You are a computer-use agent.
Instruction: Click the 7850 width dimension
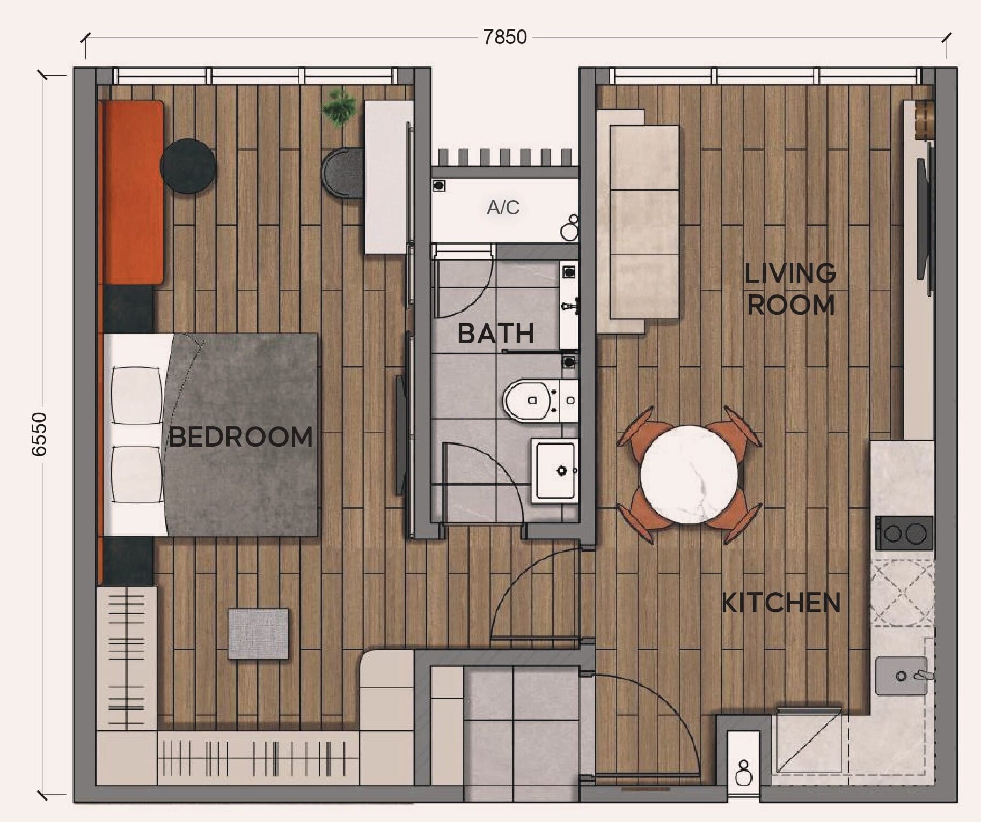[505, 37]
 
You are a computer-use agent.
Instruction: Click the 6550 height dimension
[39, 434]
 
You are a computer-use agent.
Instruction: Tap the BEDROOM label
[241, 436]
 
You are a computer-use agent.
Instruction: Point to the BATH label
[495, 334]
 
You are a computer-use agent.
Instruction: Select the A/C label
[503, 208]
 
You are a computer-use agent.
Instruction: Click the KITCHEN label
[781, 603]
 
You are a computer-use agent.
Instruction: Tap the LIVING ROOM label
[790, 289]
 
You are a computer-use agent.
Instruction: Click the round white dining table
[689, 475]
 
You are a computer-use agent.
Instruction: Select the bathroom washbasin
[555, 470]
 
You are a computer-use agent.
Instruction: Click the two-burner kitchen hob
[904, 533]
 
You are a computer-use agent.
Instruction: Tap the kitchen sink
[902, 676]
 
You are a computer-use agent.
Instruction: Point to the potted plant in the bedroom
[339, 108]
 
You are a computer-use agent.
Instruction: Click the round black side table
[188, 166]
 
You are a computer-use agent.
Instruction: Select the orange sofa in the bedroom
[131, 192]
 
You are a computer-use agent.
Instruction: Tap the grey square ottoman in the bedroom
[258, 633]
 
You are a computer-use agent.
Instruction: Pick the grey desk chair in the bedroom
[343, 173]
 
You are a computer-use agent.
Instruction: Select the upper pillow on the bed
[136, 395]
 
